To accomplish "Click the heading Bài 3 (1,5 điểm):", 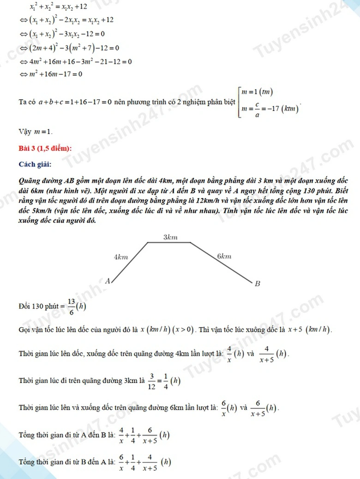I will pyautogui.click(x=45, y=148).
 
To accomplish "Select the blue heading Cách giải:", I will pyautogui.click(x=35, y=164).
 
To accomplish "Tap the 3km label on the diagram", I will pyautogui.click(x=170, y=237).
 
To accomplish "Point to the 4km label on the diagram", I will pyautogui.click(x=121, y=257).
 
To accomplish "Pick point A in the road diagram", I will pyautogui.click(x=107, y=281).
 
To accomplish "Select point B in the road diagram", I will pyautogui.click(x=258, y=284).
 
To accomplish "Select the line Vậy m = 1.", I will pyautogui.click(x=36, y=132).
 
